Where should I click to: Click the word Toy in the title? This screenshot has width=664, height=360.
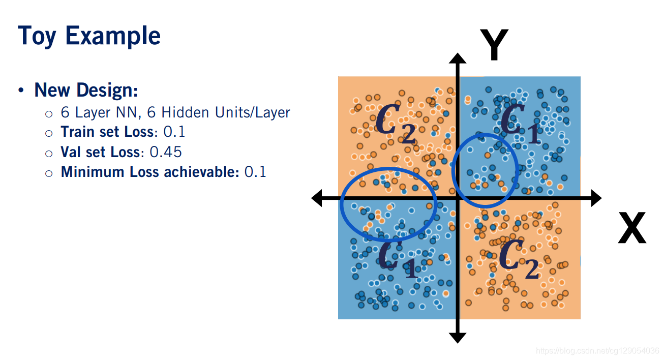tap(37, 37)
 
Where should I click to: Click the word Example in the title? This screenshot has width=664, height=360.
tap(113, 37)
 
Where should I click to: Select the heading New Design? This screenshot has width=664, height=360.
tap(86, 91)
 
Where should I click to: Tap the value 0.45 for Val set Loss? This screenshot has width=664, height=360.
tap(166, 152)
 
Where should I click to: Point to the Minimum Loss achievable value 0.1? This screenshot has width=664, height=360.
tap(255, 172)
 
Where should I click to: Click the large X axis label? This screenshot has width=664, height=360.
tap(631, 228)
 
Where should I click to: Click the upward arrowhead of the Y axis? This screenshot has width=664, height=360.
tap(458, 56)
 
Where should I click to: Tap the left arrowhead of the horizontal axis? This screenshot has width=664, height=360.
tap(317, 198)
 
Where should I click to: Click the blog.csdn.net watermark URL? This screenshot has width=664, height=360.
tap(597, 351)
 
